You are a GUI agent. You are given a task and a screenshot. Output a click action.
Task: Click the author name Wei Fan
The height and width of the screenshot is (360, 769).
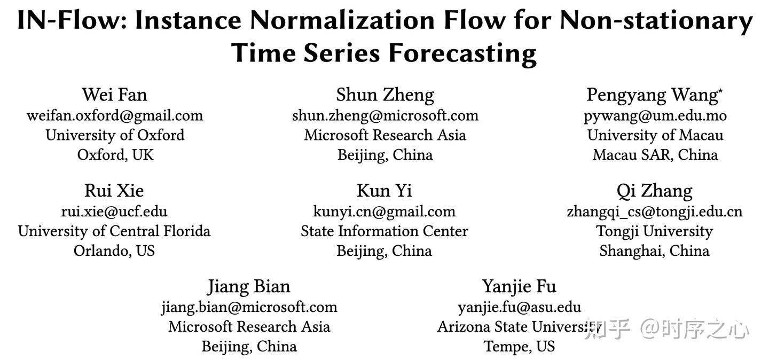[x=114, y=95]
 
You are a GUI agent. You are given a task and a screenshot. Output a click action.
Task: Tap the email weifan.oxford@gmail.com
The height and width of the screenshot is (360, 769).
[x=115, y=115]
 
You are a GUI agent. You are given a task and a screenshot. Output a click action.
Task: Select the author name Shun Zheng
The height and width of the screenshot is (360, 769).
[x=385, y=95]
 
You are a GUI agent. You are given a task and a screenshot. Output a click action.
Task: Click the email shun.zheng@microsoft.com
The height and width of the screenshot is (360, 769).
[x=385, y=115]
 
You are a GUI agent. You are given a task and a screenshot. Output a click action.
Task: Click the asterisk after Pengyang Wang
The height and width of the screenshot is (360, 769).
[x=720, y=91]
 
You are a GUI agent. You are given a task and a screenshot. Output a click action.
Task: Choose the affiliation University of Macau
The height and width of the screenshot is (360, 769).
[x=655, y=135]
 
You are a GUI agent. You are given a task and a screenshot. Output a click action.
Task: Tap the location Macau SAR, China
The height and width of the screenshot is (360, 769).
[x=655, y=155]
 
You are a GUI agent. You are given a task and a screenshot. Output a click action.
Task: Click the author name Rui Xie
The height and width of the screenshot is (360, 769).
[x=114, y=191]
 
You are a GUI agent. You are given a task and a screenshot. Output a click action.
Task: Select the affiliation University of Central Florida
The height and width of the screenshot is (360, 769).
[x=114, y=231]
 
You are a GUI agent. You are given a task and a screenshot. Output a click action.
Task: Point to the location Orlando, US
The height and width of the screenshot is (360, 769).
[x=114, y=251]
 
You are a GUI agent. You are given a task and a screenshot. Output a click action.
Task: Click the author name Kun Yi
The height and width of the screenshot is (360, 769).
[x=384, y=191]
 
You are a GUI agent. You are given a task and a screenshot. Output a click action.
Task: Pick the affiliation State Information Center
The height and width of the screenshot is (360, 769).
[x=384, y=231]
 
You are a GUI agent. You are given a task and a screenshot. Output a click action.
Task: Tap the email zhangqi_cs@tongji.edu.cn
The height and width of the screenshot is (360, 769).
[x=655, y=212]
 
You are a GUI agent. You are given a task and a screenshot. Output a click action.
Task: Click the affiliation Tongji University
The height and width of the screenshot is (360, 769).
[x=655, y=231]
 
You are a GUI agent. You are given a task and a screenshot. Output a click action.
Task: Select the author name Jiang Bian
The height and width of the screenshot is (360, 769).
[x=249, y=286]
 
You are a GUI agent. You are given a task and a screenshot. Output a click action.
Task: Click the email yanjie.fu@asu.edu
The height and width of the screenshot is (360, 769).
[x=520, y=307]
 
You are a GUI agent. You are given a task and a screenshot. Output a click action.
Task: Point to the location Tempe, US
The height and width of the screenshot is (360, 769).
[x=520, y=346]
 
